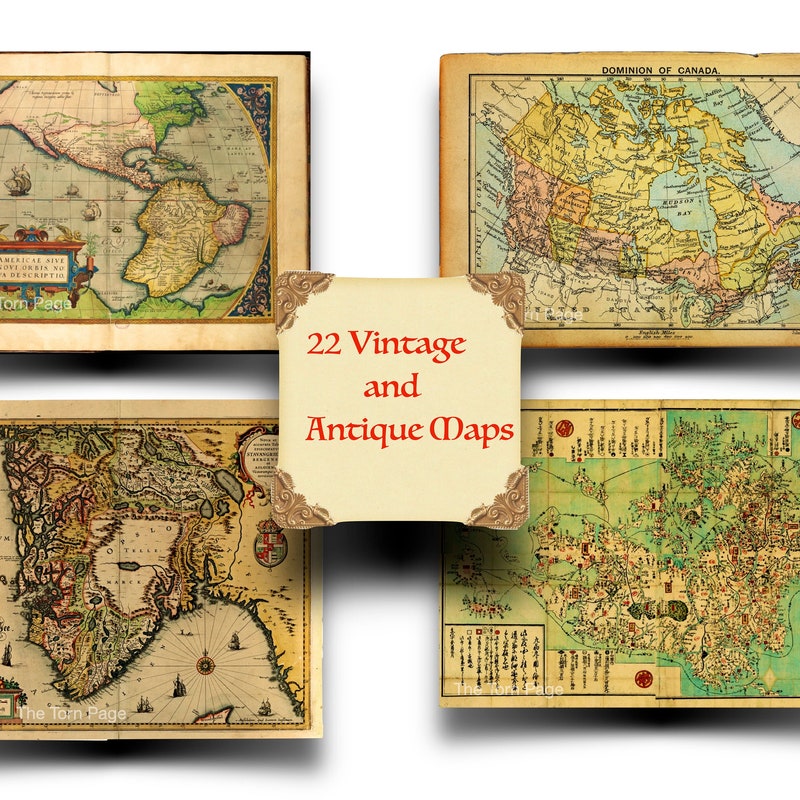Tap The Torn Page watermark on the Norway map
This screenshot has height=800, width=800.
point(72,713)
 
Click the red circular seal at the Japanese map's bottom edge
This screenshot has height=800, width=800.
point(643,679)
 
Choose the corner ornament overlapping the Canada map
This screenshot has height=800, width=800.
point(497,296)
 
